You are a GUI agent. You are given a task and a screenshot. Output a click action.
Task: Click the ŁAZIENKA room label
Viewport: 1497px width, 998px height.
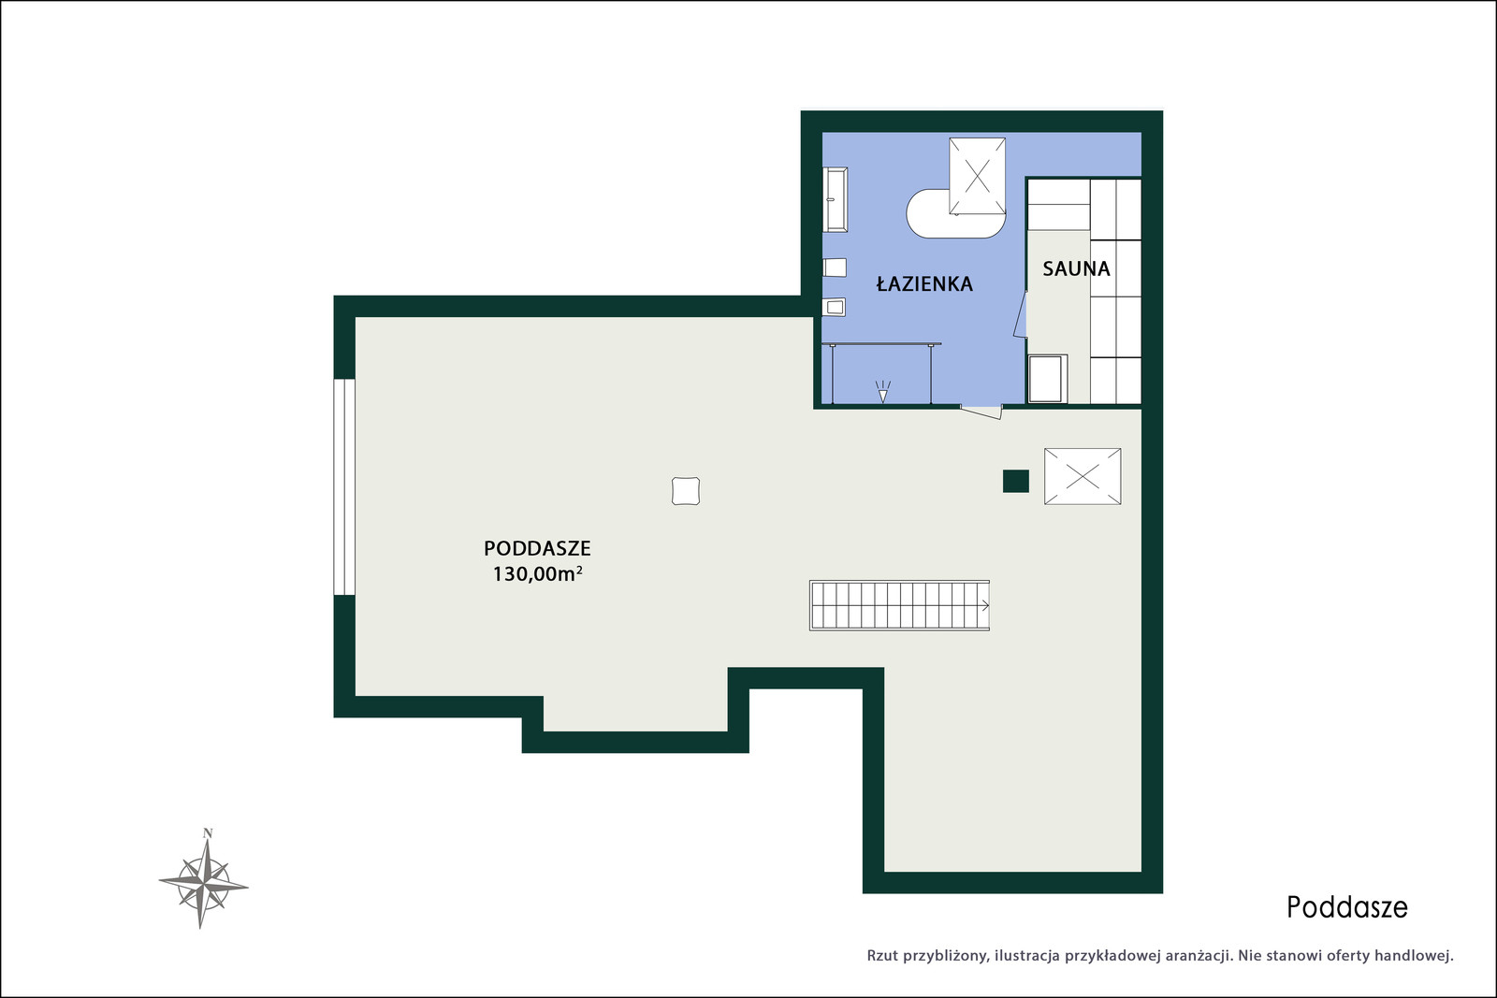(x=924, y=283)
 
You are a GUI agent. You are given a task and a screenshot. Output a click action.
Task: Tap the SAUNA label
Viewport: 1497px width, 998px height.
(x=1076, y=268)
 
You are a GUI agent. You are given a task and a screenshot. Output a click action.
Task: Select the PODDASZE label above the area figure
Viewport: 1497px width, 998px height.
(x=537, y=548)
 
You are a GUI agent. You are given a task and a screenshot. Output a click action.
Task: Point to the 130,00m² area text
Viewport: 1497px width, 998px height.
(x=537, y=573)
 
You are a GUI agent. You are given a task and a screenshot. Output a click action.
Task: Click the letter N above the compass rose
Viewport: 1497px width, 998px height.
(x=208, y=833)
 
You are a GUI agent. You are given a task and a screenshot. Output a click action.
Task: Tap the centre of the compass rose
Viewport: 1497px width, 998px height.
(x=204, y=885)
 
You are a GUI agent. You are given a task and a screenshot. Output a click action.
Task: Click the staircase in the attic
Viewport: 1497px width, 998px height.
(x=899, y=605)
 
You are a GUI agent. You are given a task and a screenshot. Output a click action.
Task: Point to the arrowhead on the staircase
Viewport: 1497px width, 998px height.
(x=985, y=606)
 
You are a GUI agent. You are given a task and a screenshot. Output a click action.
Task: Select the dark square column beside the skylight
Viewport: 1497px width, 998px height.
(x=1016, y=481)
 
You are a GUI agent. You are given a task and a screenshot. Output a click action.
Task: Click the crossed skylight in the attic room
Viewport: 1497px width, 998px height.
(x=1083, y=476)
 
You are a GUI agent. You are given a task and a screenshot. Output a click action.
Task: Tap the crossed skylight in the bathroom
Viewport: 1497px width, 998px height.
(x=977, y=177)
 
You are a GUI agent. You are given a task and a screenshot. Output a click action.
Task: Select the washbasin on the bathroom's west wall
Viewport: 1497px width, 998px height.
(x=836, y=200)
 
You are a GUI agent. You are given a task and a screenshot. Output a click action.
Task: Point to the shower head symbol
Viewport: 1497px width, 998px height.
(x=883, y=392)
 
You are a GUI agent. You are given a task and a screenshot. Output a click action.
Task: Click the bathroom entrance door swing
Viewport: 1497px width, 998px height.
(x=981, y=412)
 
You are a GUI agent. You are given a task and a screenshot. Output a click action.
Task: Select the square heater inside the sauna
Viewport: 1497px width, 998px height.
(x=1047, y=379)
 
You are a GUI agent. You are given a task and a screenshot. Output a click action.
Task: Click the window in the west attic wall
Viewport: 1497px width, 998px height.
(x=344, y=487)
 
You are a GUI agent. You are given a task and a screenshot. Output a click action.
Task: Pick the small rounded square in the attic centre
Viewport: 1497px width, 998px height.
(x=686, y=491)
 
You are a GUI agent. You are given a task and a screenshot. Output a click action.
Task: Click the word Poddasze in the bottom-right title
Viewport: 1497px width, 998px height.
(x=1347, y=907)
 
